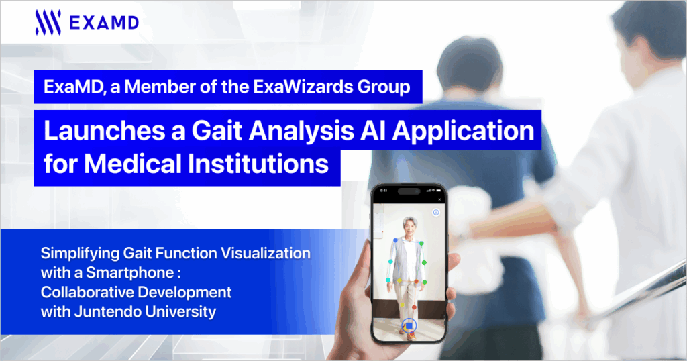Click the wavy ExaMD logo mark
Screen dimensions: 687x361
tap(48, 23)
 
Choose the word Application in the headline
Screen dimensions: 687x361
tap(464, 132)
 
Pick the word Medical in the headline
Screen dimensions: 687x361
tap(133, 164)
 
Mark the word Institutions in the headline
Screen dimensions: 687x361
tap(258, 164)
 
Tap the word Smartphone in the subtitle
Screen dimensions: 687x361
tap(129, 273)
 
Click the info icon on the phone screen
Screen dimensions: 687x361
tap(436, 213)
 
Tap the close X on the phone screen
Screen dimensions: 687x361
tap(439, 200)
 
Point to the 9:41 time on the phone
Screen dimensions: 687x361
tap(384, 191)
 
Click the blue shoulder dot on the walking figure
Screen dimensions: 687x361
tap(395, 240)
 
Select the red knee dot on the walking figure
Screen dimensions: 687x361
tap(413, 307)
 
